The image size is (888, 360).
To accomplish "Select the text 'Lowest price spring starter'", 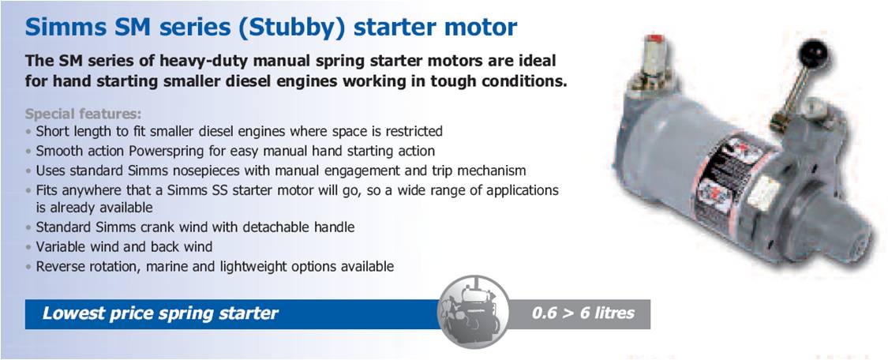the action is click(x=160, y=313).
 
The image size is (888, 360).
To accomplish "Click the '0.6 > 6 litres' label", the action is click(x=583, y=313).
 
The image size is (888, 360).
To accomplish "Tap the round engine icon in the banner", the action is click(x=473, y=312).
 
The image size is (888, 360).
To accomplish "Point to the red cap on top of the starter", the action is click(x=655, y=39).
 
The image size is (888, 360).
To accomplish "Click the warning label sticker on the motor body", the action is click(x=730, y=179).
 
